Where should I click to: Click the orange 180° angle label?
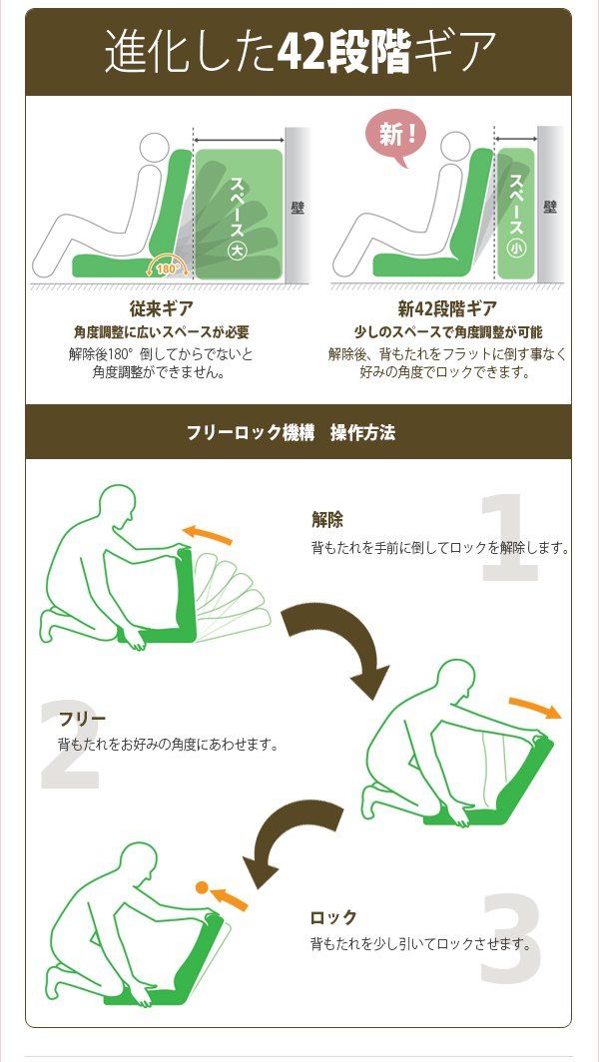pyautogui.click(x=168, y=266)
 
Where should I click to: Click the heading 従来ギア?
pyautogui.click(x=161, y=308)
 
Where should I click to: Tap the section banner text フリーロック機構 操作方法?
pyautogui.click(x=291, y=432)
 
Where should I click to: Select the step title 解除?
pyautogui.click(x=326, y=519)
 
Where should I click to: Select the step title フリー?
pyautogui.click(x=82, y=719)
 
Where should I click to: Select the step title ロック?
pyautogui.click(x=332, y=917)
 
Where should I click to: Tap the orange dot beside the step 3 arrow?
pyautogui.click(x=202, y=886)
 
